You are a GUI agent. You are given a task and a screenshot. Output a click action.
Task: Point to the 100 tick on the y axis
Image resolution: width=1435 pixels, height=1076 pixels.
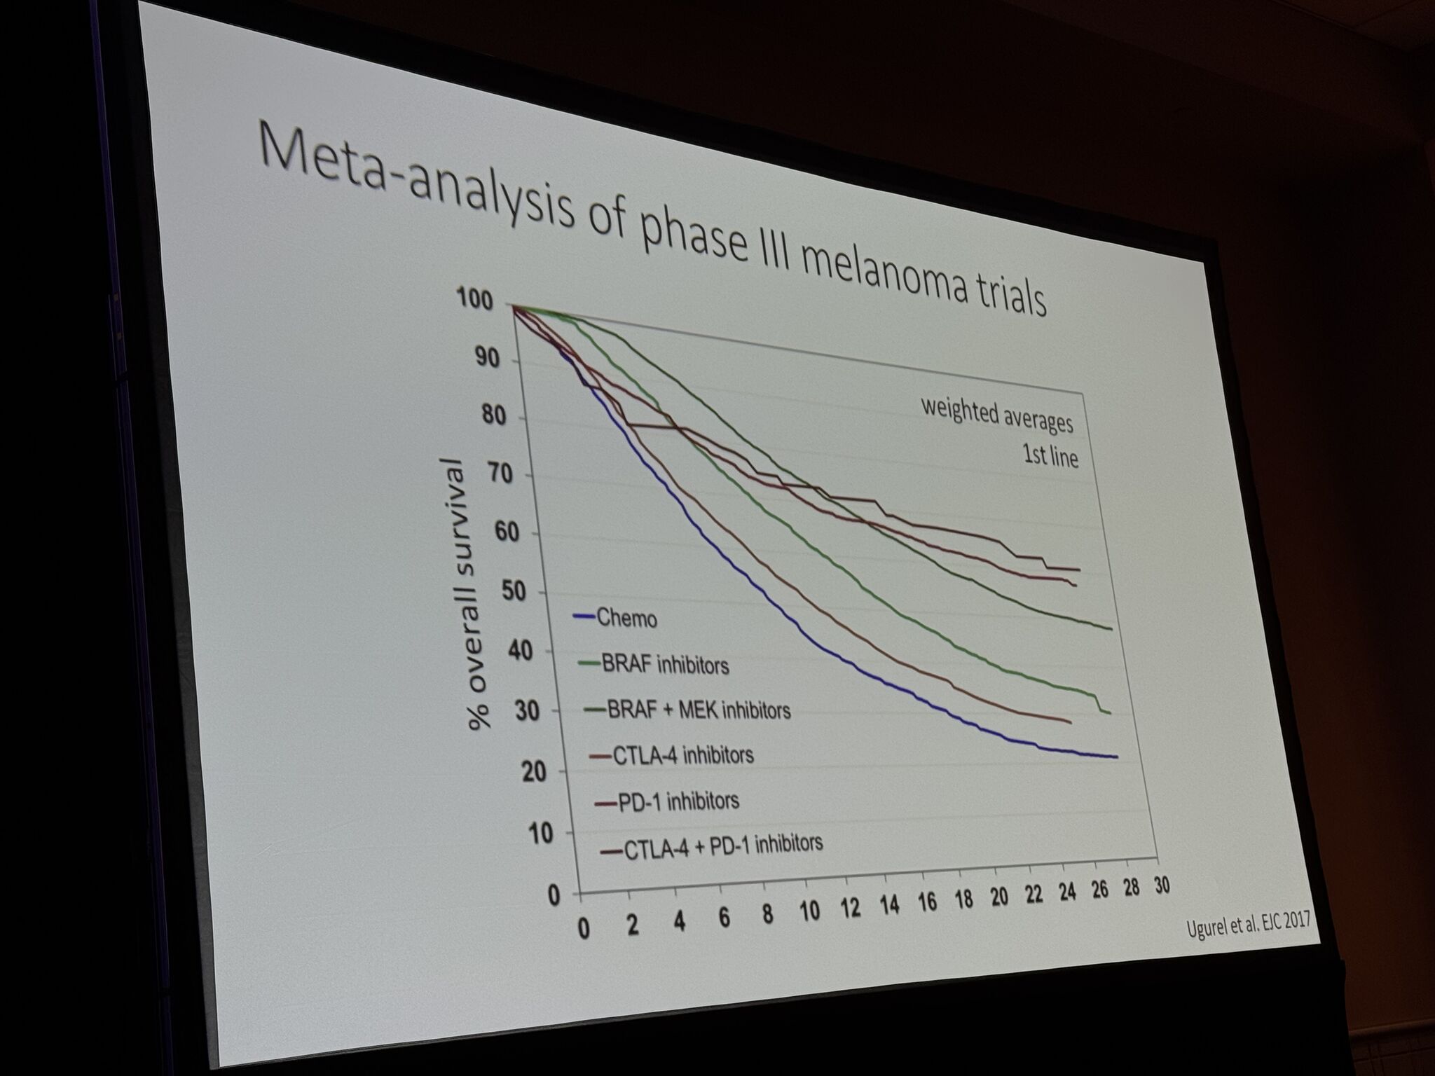(476, 300)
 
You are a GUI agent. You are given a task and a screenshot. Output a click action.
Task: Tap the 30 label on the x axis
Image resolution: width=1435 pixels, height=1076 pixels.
(1161, 885)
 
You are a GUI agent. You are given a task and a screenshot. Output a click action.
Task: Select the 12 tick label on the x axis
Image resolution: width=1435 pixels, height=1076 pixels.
(851, 907)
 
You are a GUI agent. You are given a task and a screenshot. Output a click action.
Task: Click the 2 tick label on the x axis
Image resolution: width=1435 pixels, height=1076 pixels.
(633, 925)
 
